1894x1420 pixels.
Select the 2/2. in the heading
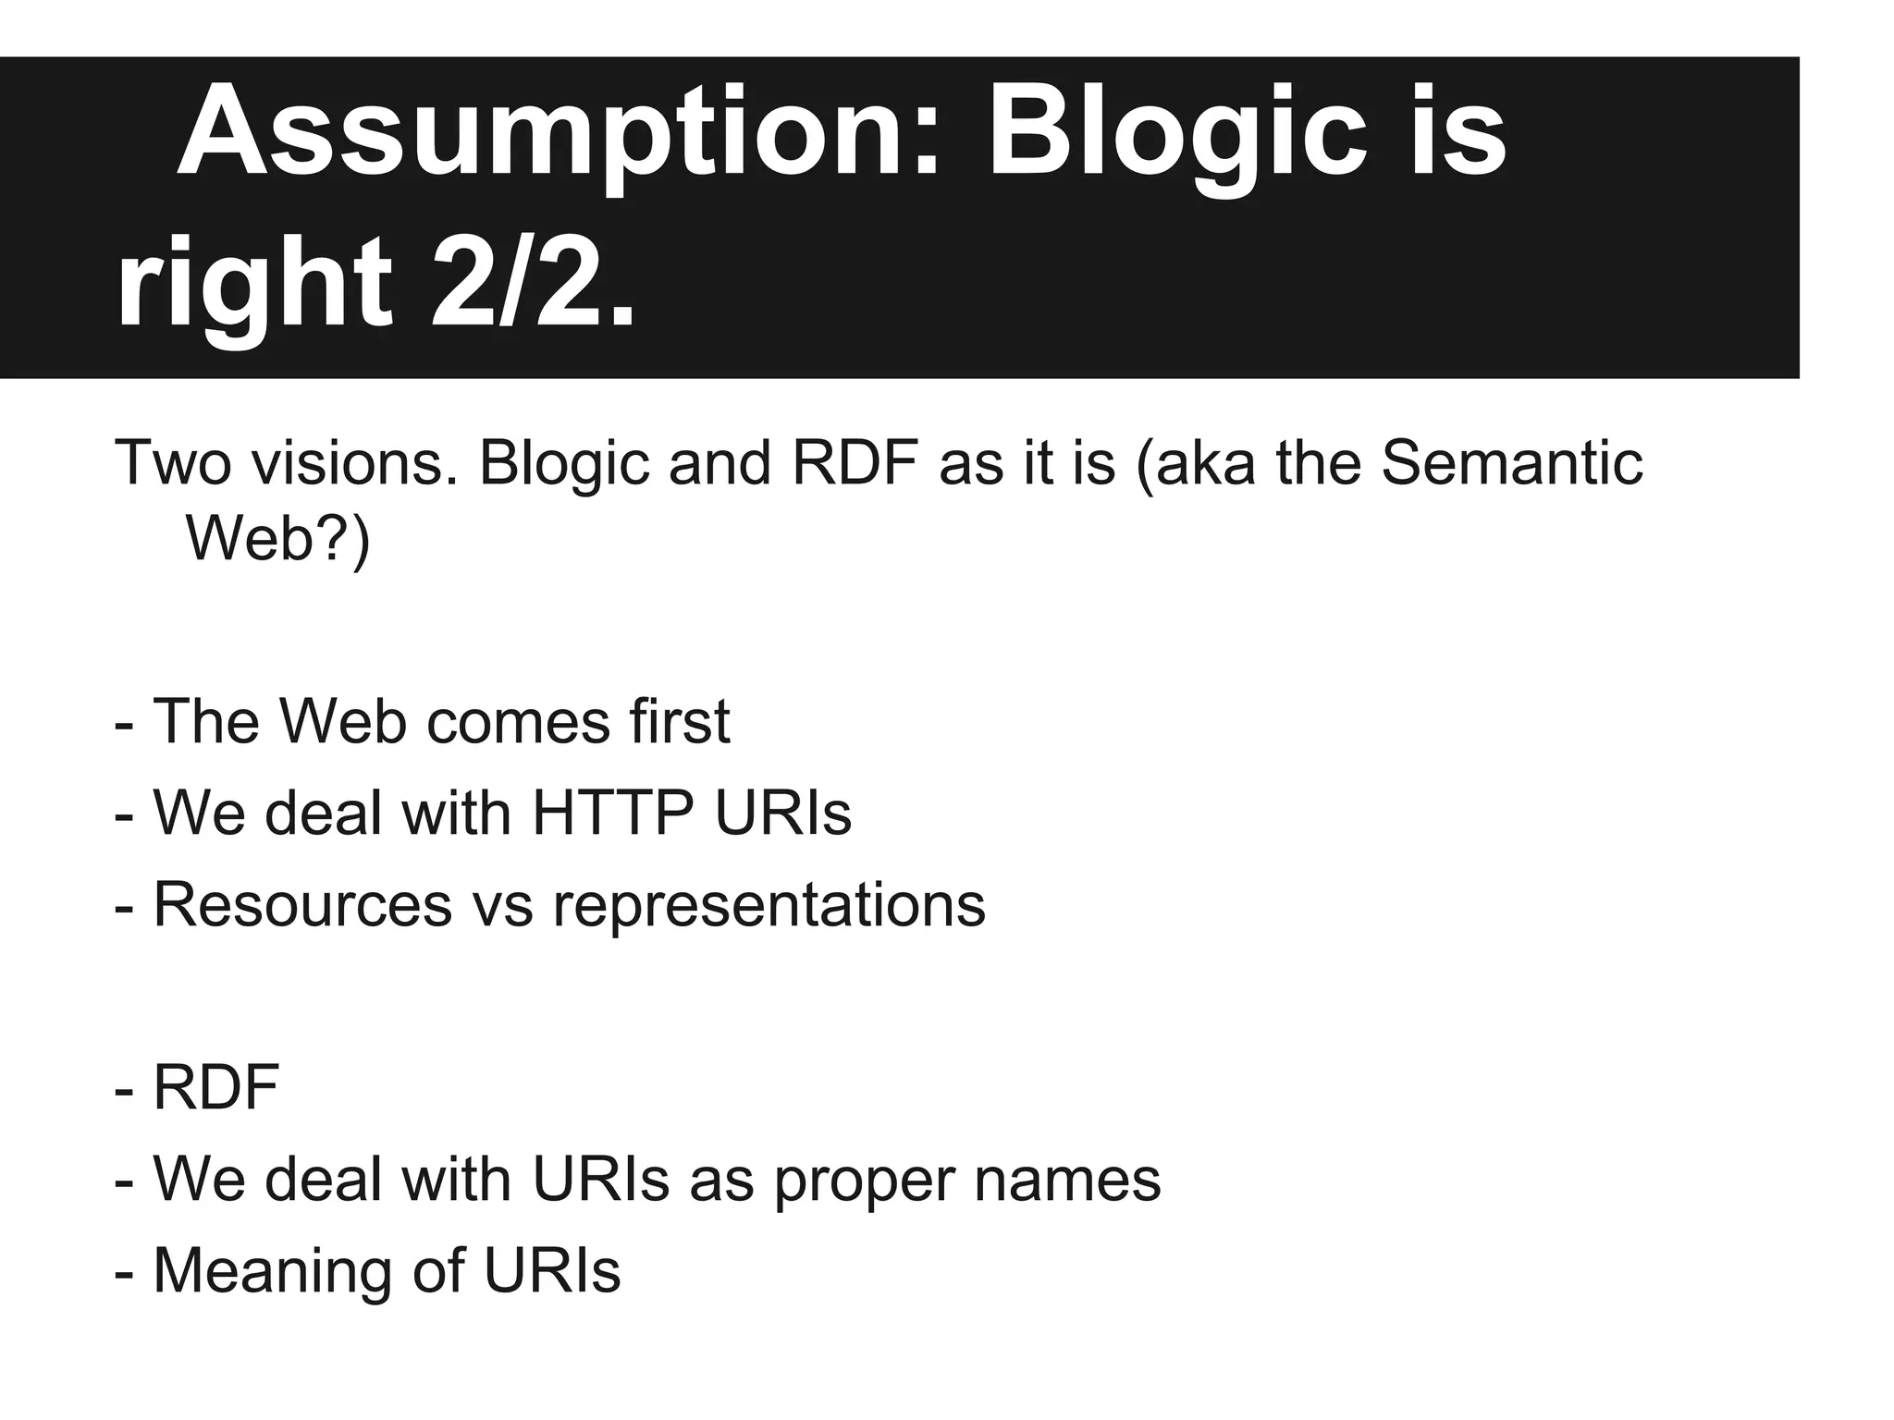pyautogui.click(x=534, y=284)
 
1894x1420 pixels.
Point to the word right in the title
pyautogui.click(x=254, y=284)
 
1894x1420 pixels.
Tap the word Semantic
pyautogui.click(x=1511, y=463)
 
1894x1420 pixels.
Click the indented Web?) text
pyautogui.click(x=277, y=538)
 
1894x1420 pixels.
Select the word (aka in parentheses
pyautogui.click(x=1194, y=463)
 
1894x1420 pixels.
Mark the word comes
pyautogui.click(x=518, y=721)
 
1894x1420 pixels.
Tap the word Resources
pyautogui.click(x=302, y=905)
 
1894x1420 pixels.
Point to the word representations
pyautogui.click(x=769, y=905)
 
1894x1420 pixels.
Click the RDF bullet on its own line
pyautogui.click(x=216, y=1088)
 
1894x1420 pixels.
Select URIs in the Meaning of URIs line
pyautogui.click(x=552, y=1272)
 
